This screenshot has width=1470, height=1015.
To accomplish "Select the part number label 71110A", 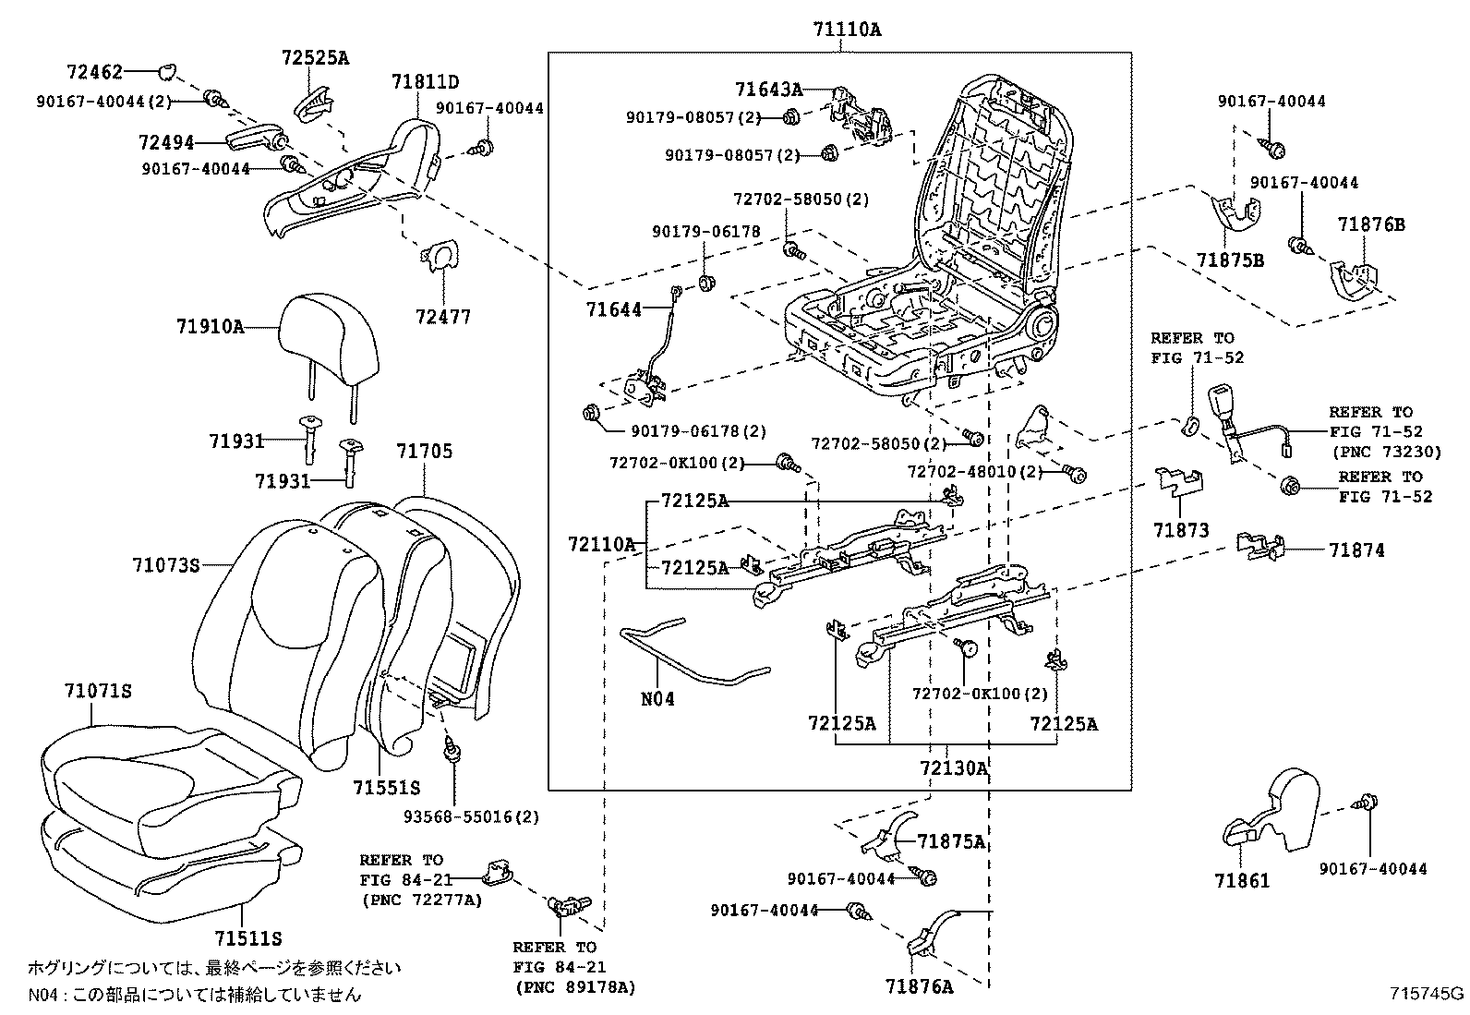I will (x=847, y=30).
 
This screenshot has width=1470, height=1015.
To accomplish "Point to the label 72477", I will (x=442, y=318).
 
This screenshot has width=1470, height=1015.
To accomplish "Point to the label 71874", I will (x=1356, y=550).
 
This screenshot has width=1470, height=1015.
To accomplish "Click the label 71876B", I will (x=1371, y=224).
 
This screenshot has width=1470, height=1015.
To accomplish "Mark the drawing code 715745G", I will (x=1428, y=994).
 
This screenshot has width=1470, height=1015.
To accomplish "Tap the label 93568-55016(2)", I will (x=472, y=816).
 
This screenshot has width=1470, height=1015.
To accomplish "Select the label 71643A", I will (x=768, y=90).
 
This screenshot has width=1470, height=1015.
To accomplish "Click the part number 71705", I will (x=425, y=452).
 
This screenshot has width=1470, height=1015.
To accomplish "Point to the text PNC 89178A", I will (x=574, y=987).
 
